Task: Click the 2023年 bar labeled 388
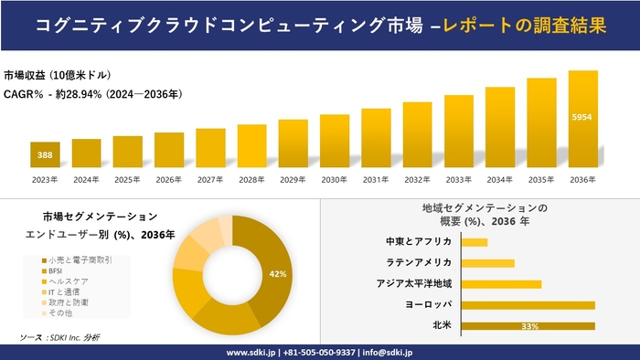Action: click(x=45, y=155)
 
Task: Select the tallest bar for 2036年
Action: click(x=582, y=119)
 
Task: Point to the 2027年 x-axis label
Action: click(x=210, y=180)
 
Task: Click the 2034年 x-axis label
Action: click(x=500, y=180)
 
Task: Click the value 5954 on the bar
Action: click(x=582, y=118)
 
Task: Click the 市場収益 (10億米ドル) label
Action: click(x=58, y=74)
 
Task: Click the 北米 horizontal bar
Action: click(x=528, y=325)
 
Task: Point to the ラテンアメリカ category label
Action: click(x=419, y=263)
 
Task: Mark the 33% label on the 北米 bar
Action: click(x=528, y=326)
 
